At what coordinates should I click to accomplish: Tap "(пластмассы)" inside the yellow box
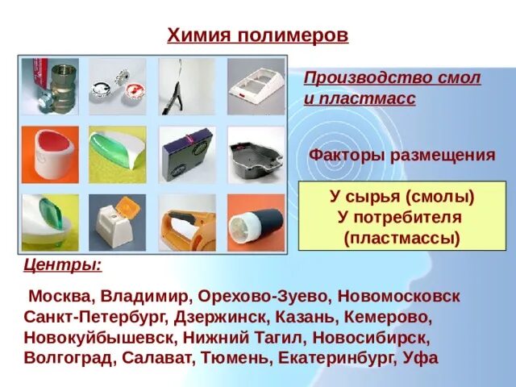click(x=401, y=238)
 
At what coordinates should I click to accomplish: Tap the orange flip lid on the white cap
click(x=122, y=214)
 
